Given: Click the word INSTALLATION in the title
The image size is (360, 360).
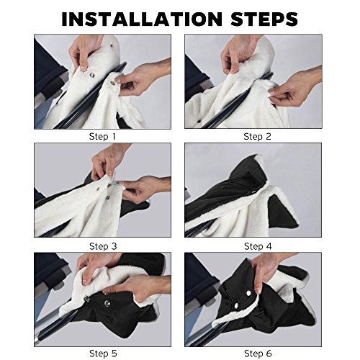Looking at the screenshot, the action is (142, 19).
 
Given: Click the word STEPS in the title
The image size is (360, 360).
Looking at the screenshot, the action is (264, 19).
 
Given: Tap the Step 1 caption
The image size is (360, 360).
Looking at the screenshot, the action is (102, 137).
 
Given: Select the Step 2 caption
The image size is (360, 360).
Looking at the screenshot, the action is (257, 137).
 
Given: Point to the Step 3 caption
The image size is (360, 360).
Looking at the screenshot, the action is (103, 246).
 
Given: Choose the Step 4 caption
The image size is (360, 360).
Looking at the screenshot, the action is (258, 246).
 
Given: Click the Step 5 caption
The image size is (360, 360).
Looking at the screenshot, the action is (103, 354).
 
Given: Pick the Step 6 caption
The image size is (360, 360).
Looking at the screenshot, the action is (258, 354).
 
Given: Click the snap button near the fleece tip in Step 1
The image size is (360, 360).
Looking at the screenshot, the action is (112, 45).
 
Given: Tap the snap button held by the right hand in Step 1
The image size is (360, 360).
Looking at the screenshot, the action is (112, 83).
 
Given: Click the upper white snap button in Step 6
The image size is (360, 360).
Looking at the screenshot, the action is (248, 293).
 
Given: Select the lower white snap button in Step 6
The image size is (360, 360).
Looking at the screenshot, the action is (236, 305).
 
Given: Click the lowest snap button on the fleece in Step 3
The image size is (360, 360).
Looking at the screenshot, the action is (107, 198).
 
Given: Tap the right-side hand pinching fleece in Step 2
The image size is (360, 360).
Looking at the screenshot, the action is (297, 89).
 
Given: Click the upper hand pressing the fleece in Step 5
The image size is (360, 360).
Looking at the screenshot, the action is (96, 266).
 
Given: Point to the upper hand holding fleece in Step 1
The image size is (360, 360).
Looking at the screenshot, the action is (85, 52).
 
